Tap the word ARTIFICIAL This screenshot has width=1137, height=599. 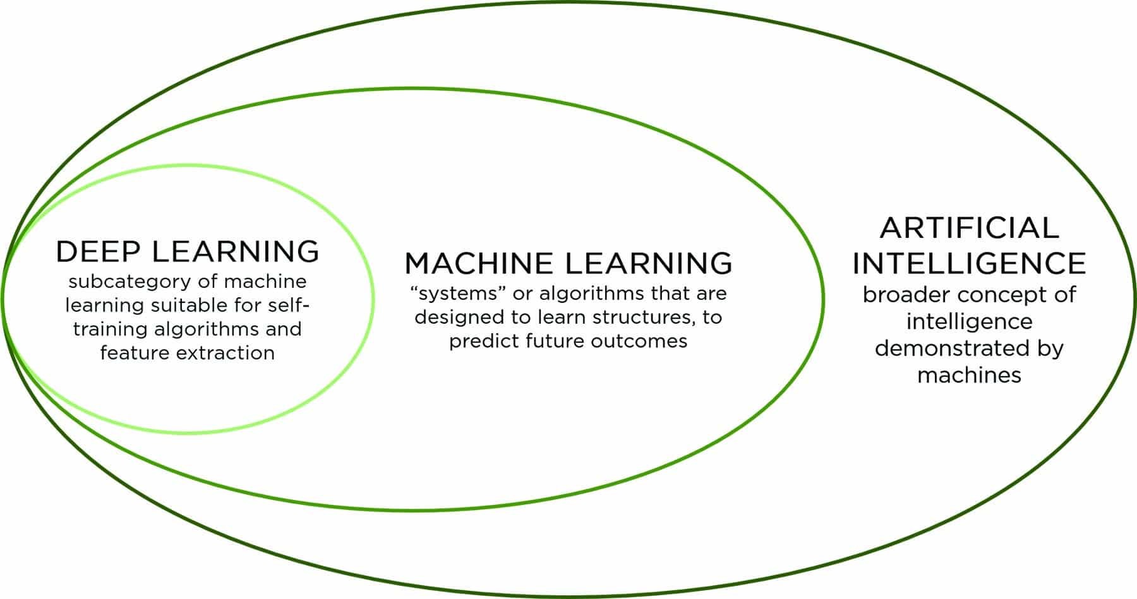coord(969,227)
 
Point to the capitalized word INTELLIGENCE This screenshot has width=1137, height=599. coord(969,263)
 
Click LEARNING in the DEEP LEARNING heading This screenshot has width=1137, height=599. coord(235,251)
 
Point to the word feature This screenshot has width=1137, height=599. coord(135,353)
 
